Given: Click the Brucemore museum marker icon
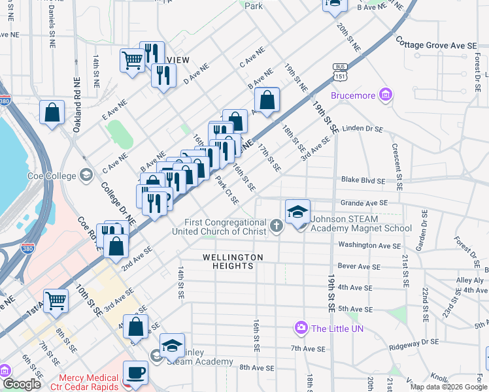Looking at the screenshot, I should pos(386,96).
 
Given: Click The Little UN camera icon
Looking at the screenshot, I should pos(301,327).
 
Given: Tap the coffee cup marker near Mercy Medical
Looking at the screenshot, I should pos(135,373).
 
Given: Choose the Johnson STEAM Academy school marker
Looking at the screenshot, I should pos(297,212).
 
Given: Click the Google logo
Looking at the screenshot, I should pos(22,384).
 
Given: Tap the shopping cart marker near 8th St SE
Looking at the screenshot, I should pos(56,301).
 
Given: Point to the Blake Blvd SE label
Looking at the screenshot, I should pos(363,180).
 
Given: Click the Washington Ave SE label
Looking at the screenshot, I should pos(369,246).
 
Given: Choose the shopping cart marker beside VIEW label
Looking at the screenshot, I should pos(132,60).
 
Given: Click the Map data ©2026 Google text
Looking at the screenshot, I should pos(448,387).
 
